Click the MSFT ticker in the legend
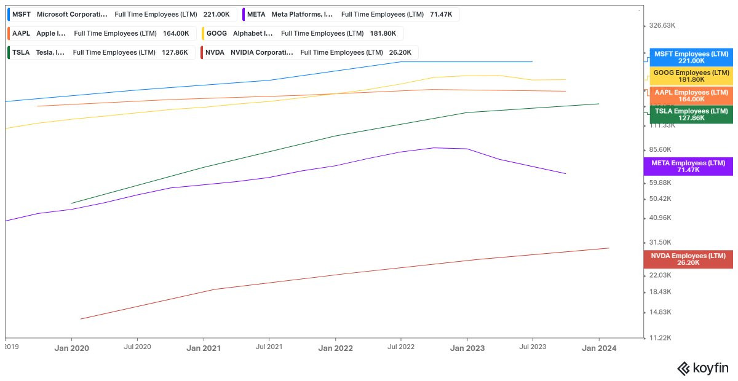click(x=22, y=15)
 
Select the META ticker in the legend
click(x=256, y=15)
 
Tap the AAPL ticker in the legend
click(x=21, y=34)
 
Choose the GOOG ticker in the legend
click(x=216, y=34)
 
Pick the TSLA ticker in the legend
click(x=21, y=53)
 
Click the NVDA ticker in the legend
click(x=215, y=53)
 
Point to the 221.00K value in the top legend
click(x=216, y=15)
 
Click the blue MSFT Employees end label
click(x=691, y=57)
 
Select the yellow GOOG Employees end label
click(x=691, y=76)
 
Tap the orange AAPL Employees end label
click(x=691, y=96)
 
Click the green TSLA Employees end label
click(x=691, y=114)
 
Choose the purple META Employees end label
click(x=688, y=167)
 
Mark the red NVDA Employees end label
click(x=688, y=259)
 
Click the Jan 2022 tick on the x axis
click(x=335, y=339)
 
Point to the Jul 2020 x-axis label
click(x=137, y=347)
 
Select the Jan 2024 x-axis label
click(x=599, y=348)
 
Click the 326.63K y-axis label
click(x=662, y=25)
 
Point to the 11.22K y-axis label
click(x=660, y=338)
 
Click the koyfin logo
click(x=703, y=369)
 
